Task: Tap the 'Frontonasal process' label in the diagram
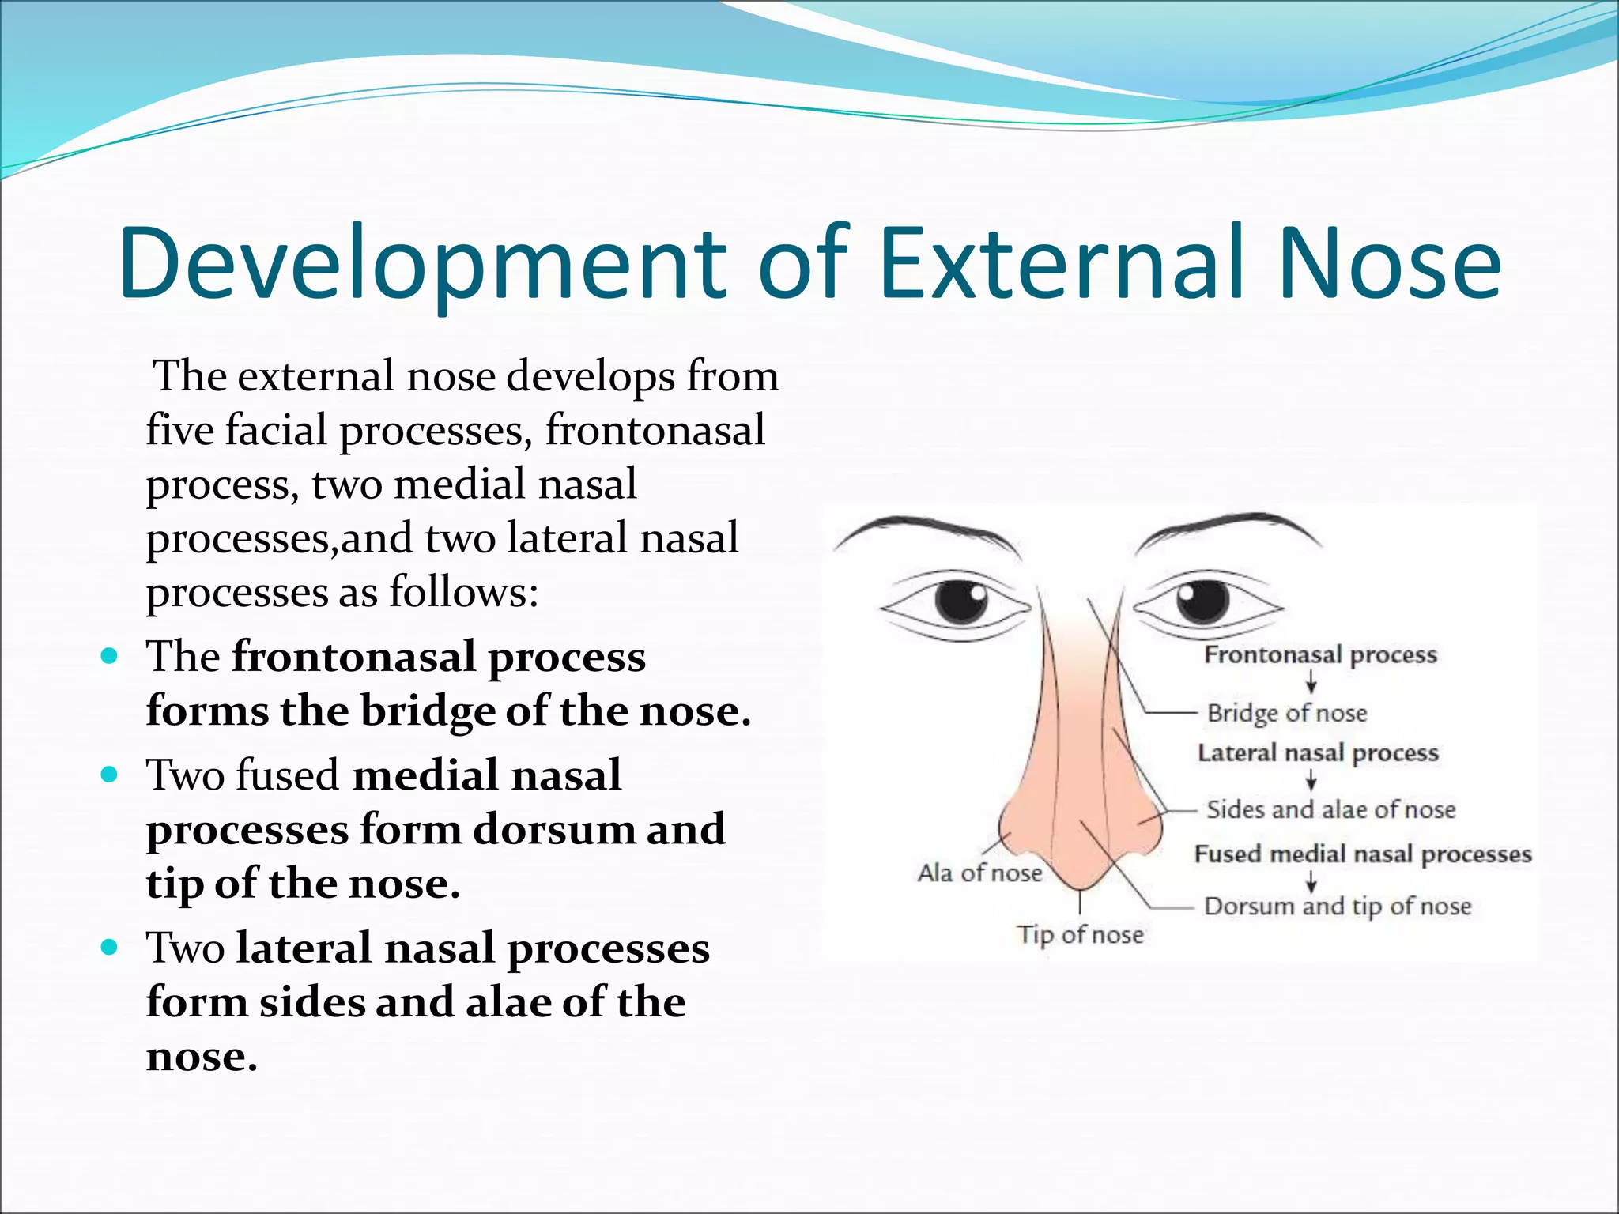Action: (1319, 654)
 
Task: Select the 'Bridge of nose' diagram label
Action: (1286, 713)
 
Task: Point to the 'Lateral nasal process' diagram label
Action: (1317, 752)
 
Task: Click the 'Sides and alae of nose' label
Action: (1330, 809)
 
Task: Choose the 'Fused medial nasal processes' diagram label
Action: (1362, 854)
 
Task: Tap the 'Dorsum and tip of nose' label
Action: (1337, 906)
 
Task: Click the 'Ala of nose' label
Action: (979, 873)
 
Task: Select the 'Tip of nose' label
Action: (1080, 934)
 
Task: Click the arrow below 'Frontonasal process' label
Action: (1311, 682)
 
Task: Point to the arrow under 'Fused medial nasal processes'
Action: (1311, 880)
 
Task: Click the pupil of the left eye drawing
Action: (961, 601)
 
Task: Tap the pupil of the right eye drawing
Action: (1202, 601)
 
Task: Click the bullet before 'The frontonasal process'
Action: (110, 656)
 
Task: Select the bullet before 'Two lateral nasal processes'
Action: (110, 947)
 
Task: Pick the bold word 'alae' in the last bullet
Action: (508, 1002)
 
